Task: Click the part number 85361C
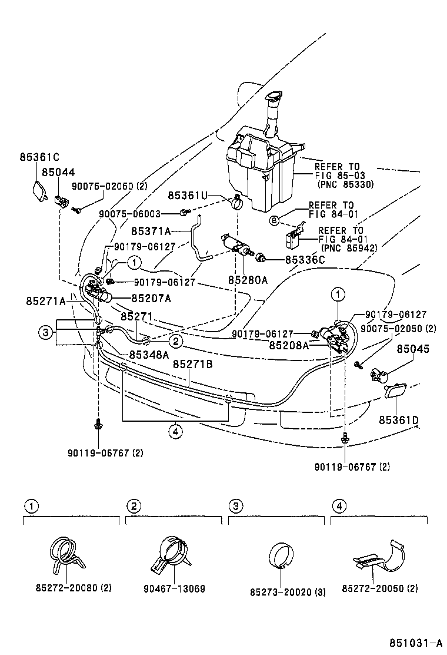[39, 157]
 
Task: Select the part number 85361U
[187, 196]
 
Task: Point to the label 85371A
[151, 231]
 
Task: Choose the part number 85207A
[151, 298]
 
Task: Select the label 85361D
[398, 420]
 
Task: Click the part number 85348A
[149, 355]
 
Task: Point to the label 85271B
[192, 365]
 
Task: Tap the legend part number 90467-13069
[175, 588]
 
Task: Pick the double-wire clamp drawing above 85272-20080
[65, 555]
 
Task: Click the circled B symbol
[273, 221]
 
